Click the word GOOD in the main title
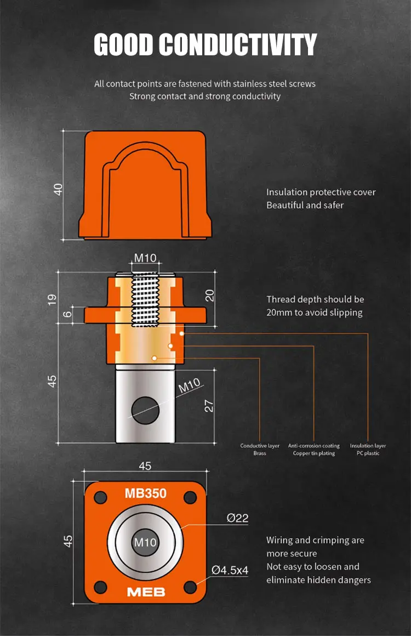point(124,44)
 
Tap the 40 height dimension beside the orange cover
point(59,189)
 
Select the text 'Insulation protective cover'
point(321,192)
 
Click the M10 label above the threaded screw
point(145,258)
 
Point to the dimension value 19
point(52,300)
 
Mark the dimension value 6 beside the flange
point(68,313)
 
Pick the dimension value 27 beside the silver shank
point(209,406)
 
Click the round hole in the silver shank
point(146,411)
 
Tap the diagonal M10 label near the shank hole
point(189,386)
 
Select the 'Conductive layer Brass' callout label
point(260,450)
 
